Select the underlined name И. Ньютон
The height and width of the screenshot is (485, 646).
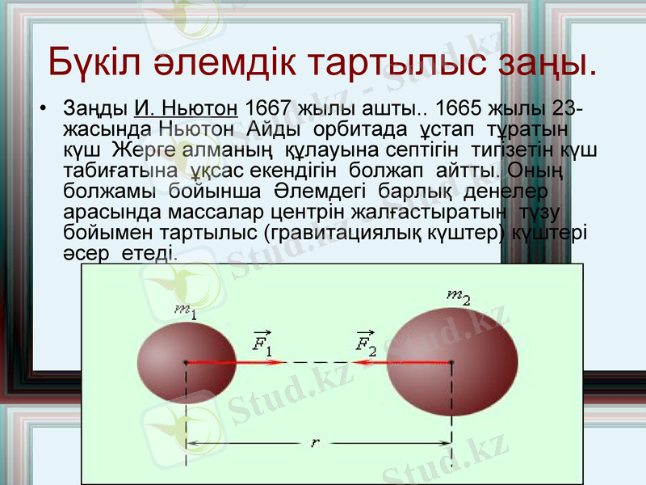coord(185,109)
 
